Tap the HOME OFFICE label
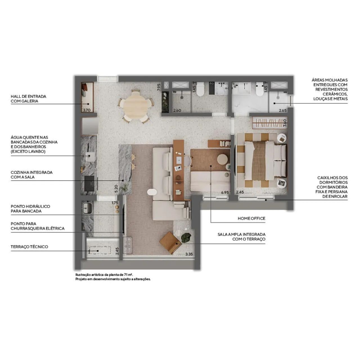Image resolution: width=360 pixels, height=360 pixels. coord(251,218)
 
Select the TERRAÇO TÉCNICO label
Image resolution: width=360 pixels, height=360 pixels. coord(29,247)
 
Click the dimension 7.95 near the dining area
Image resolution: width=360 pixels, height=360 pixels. coord(159,87)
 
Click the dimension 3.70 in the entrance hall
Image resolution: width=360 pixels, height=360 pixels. coord(87,110)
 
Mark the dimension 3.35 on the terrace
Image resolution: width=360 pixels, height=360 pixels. coord(189,254)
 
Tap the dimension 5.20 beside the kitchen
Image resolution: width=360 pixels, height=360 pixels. coord(116,188)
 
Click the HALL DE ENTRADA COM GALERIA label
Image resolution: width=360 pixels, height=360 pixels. coord(28,99)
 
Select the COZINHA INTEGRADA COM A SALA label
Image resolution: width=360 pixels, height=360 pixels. coord(31,175)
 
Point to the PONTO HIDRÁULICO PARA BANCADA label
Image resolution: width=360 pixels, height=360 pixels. coord(30,209)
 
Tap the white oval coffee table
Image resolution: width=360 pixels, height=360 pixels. coord(152,192)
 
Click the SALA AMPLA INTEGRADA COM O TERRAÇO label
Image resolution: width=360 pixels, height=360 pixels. coord(241,237)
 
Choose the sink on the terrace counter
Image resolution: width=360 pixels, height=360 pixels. coord(87,208)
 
